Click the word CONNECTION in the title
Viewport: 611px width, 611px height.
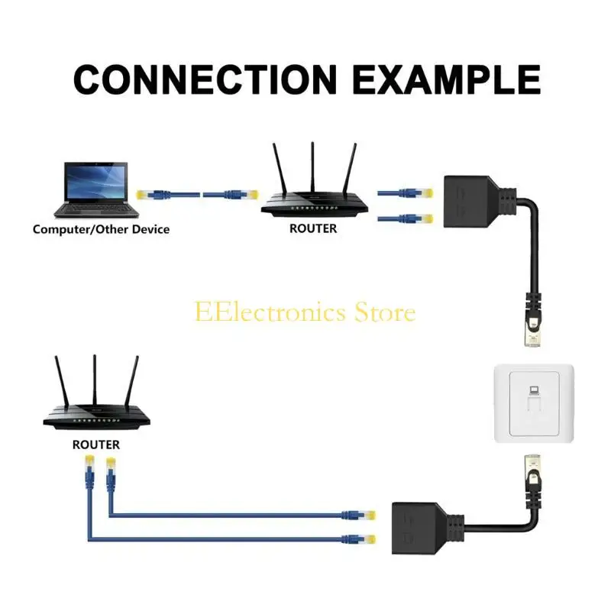[205, 79]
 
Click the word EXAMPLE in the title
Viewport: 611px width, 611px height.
[445, 79]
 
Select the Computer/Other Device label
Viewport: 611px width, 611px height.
[101, 229]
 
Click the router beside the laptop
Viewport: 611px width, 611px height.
[312, 201]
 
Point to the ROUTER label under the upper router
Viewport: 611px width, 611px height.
[313, 228]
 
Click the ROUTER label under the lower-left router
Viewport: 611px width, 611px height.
[95, 444]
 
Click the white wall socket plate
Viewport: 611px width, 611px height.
[532, 402]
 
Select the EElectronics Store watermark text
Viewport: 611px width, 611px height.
[305, 312]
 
